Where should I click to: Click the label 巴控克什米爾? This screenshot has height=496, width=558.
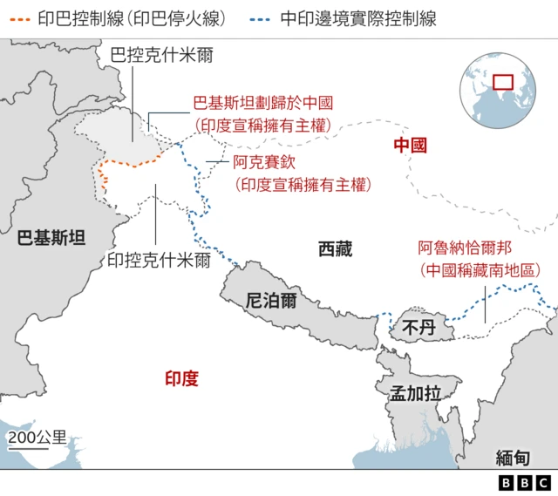[162, 56]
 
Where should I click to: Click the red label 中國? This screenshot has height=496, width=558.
[410, 146]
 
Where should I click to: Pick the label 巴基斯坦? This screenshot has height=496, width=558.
[52, 237]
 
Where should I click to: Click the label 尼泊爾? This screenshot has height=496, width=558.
[271, 301]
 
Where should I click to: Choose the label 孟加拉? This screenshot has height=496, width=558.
[415, 392]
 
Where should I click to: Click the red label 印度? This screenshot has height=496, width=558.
[181, 378]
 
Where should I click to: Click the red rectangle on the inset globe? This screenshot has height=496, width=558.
[503, 82]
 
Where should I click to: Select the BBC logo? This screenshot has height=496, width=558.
[524, 482]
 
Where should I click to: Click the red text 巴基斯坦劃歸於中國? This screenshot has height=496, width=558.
[263, 103]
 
